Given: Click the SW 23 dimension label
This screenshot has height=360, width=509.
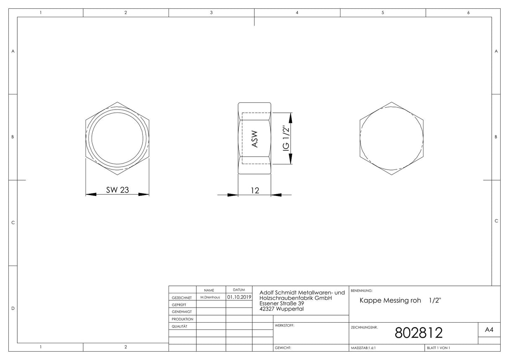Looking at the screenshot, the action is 117,190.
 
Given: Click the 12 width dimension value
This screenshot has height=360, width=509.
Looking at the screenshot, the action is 255,190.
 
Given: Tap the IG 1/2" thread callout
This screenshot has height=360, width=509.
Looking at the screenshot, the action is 286,138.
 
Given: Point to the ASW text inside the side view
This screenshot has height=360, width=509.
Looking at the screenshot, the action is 255,139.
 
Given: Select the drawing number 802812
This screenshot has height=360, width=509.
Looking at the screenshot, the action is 418,333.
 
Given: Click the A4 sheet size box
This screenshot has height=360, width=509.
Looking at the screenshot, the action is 489,329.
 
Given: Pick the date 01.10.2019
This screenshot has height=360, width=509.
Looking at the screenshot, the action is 239,297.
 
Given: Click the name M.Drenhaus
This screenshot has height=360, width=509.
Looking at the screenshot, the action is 210,297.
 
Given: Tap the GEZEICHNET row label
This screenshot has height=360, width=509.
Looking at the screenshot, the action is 182,297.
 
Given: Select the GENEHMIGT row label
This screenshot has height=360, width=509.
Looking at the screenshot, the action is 182,312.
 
